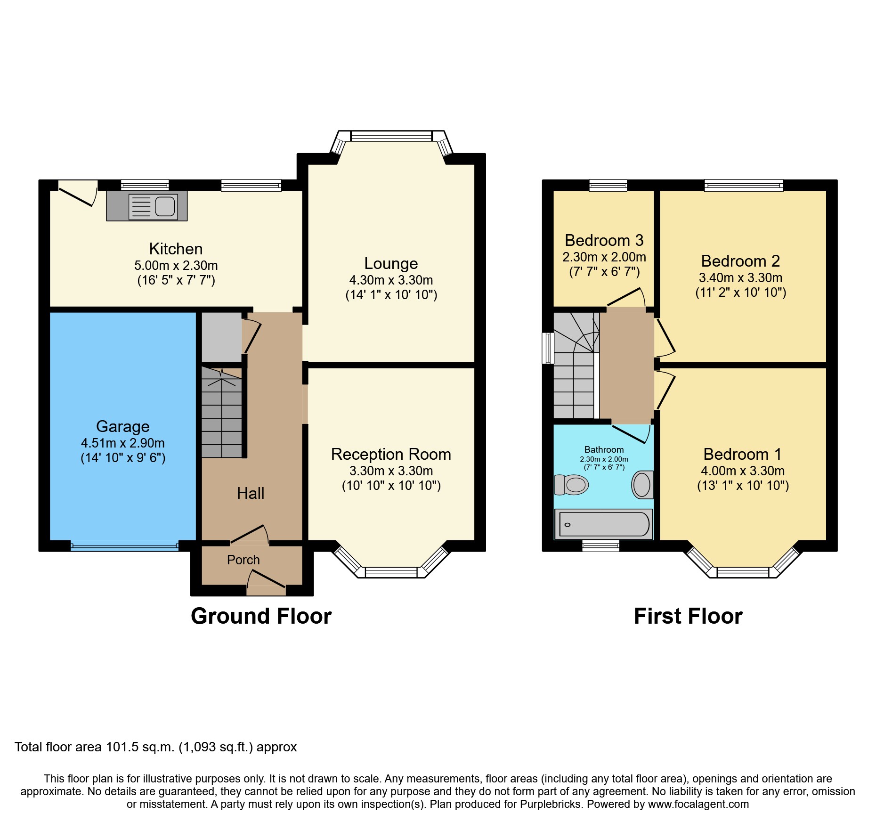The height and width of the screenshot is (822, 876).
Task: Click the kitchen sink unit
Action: tap(147, 206)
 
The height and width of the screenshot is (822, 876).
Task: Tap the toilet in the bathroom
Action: tap(572, 484)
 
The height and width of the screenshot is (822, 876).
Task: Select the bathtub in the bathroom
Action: tap(603, 524)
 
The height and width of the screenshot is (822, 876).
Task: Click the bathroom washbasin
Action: tap(642, 485)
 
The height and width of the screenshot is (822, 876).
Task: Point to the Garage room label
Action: tap(123, 426)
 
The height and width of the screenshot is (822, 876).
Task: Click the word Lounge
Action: tap(391, 263)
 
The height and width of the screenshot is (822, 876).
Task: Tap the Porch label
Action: tap(243, 560)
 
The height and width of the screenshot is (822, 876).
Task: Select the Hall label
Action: tap(250, 493)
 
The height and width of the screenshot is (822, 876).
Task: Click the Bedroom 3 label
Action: tap(604, 240)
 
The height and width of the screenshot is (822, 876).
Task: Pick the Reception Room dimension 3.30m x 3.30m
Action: tap(391, 471)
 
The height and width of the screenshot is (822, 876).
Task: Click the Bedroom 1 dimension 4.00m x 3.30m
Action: tap(743, 471)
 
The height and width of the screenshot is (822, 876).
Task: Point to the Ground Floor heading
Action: tap(261, 616)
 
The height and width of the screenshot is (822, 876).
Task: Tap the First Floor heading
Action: tap(688, 616)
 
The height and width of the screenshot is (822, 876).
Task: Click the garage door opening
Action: tap(124, 547)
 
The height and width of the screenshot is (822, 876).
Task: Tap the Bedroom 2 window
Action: tap(744, 185)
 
